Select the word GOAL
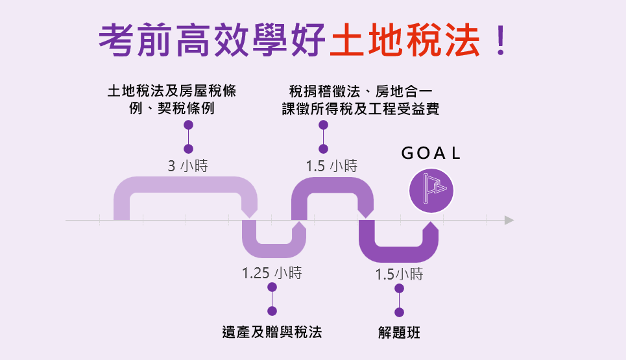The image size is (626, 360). coord(431,153)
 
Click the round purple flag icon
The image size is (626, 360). coord(431,191)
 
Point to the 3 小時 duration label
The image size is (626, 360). coord(187,165)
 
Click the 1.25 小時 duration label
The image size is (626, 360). coord(271,272)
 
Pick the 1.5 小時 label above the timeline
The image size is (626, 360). coord(331,165)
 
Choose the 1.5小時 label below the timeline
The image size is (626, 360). coord(399,274)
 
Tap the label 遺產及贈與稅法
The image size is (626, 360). coord(272,332)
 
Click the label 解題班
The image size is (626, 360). coord(399,333)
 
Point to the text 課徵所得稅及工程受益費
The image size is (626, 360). coord(361,109)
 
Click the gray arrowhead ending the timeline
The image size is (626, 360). coord(509,221)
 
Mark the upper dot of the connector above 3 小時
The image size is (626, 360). coord(188,125)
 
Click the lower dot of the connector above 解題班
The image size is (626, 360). coord(399,313)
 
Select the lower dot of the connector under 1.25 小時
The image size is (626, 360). coord(272,311)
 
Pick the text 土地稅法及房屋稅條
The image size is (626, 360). coord(172,91)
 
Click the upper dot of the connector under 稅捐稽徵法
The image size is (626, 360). coord(324,125)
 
